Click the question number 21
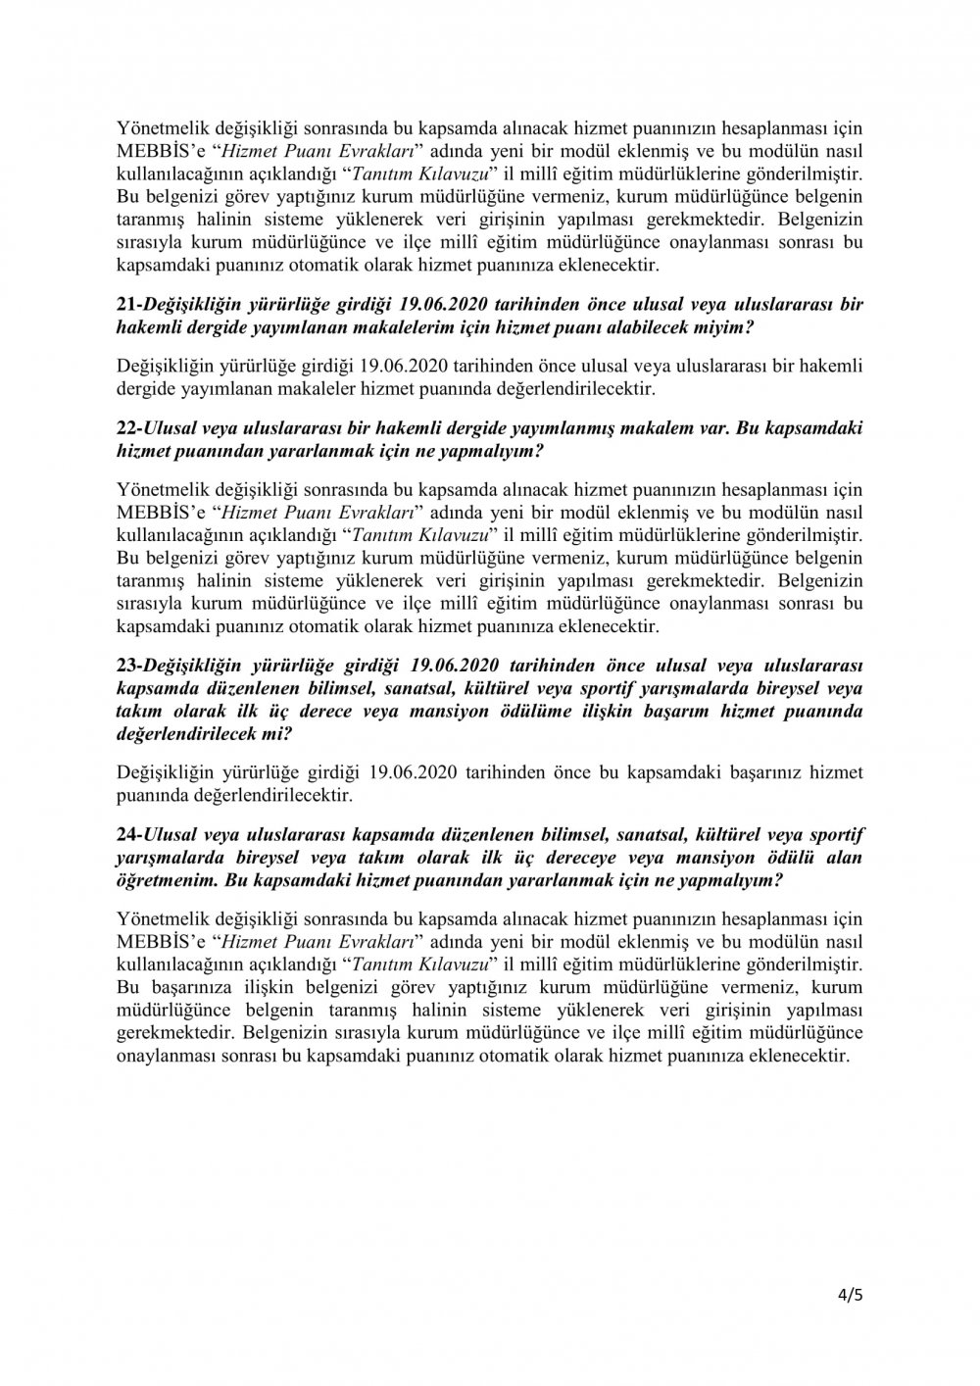(x=127, y=305)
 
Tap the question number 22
(x=127, y=430)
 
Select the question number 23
(x=127, y=668)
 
